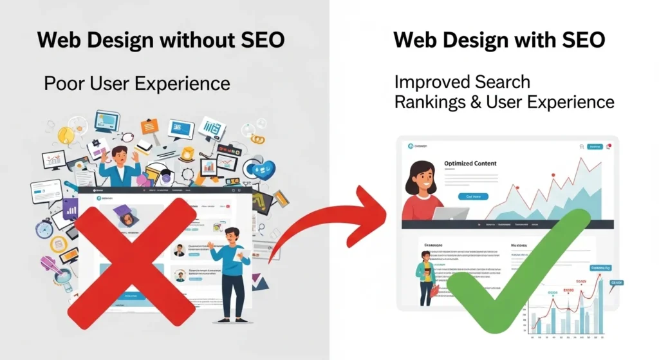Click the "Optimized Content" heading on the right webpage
click(470, 164)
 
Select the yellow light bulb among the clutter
click(66, 135)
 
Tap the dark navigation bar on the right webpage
click(508, 225)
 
